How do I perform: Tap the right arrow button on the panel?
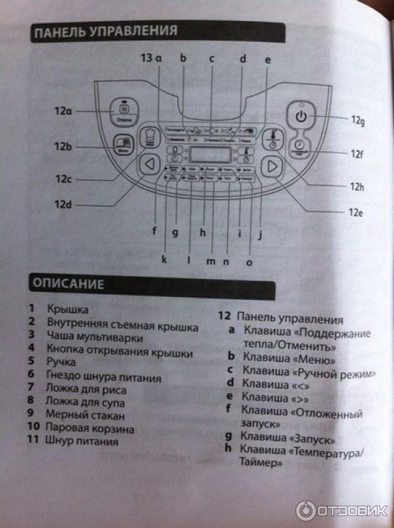pos(270,167)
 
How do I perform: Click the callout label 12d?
pos(63,204)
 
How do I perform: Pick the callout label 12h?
pos(357,187)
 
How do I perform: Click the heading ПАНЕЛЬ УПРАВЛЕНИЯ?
pos(106,32)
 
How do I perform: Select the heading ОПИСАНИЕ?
pos(68,285)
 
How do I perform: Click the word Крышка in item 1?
pos(68,308)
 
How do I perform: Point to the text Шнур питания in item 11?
pos(82,442)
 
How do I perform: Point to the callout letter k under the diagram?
pos(164,259)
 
